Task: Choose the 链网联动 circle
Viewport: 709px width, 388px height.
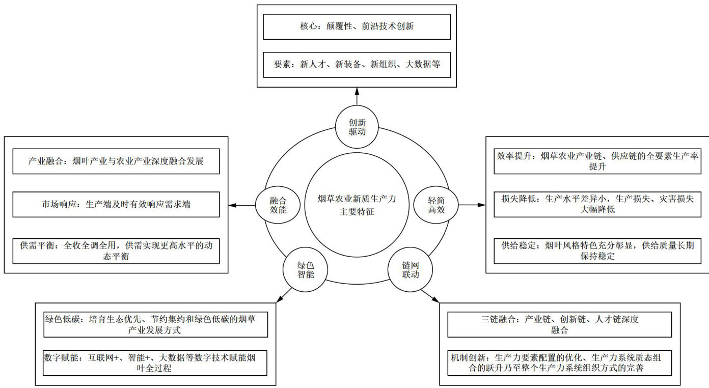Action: pos(411,270)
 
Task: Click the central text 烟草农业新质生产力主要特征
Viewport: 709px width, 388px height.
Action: pos(357,206)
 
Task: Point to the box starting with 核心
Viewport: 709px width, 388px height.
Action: pos(357,26)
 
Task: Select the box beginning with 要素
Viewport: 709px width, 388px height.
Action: pos(357,65)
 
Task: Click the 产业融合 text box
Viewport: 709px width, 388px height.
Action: pos(116,161)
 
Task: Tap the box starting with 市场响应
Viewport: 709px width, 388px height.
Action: pos(116,205)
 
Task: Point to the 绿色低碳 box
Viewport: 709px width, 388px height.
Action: pos(155,324)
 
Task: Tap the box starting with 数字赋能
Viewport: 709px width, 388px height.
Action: pos(155,363)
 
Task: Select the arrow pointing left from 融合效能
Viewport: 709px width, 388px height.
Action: pos(242,206)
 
